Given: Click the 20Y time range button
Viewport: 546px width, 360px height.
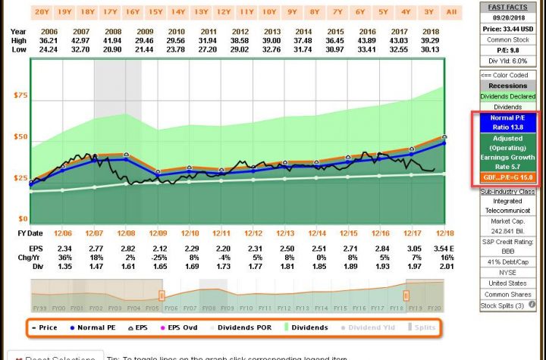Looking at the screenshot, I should (x=42, y=11).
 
